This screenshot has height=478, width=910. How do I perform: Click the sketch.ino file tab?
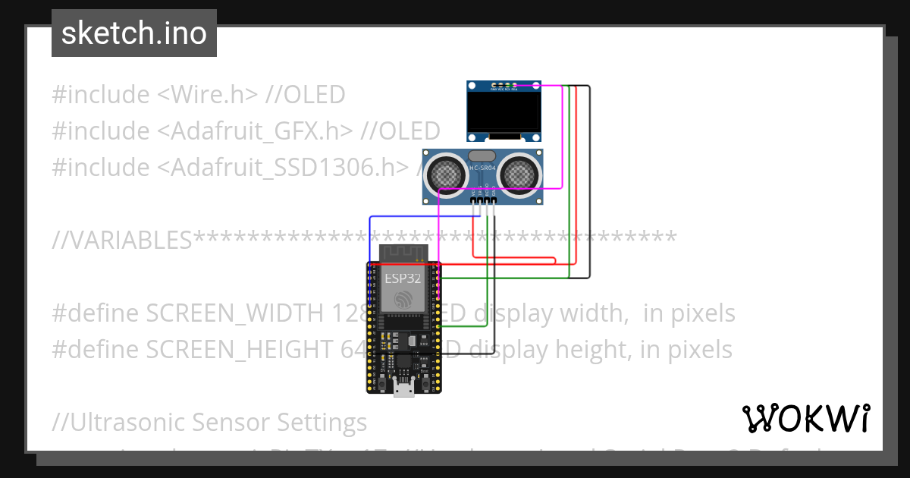click(x=133, y=33)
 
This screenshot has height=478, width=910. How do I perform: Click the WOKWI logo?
click(x=805, y=418)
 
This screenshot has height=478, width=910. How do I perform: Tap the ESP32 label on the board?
click(x=403, y=278)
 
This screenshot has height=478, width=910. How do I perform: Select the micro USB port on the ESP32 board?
click(x=403, y=389)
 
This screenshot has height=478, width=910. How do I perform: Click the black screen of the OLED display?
click(x=504, y=113)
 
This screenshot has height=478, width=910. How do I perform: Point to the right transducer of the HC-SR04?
click(x=518, y=172)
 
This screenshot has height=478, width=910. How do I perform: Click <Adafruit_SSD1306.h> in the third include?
click(x=283, y=167)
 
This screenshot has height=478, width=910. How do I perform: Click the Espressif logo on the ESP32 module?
click(x=403, y=298)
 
